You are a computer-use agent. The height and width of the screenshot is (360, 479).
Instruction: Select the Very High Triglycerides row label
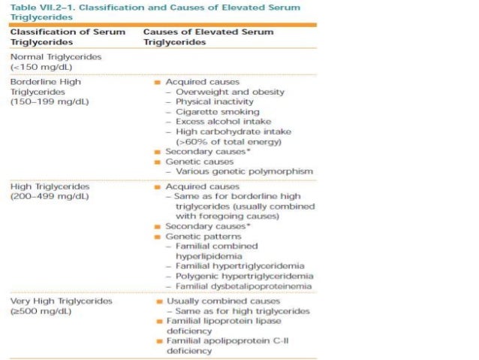click(62, 301)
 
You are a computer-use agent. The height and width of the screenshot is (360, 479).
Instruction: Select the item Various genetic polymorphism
click(239, 171)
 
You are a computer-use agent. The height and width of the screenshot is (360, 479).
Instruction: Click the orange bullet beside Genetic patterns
click(158, 236)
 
